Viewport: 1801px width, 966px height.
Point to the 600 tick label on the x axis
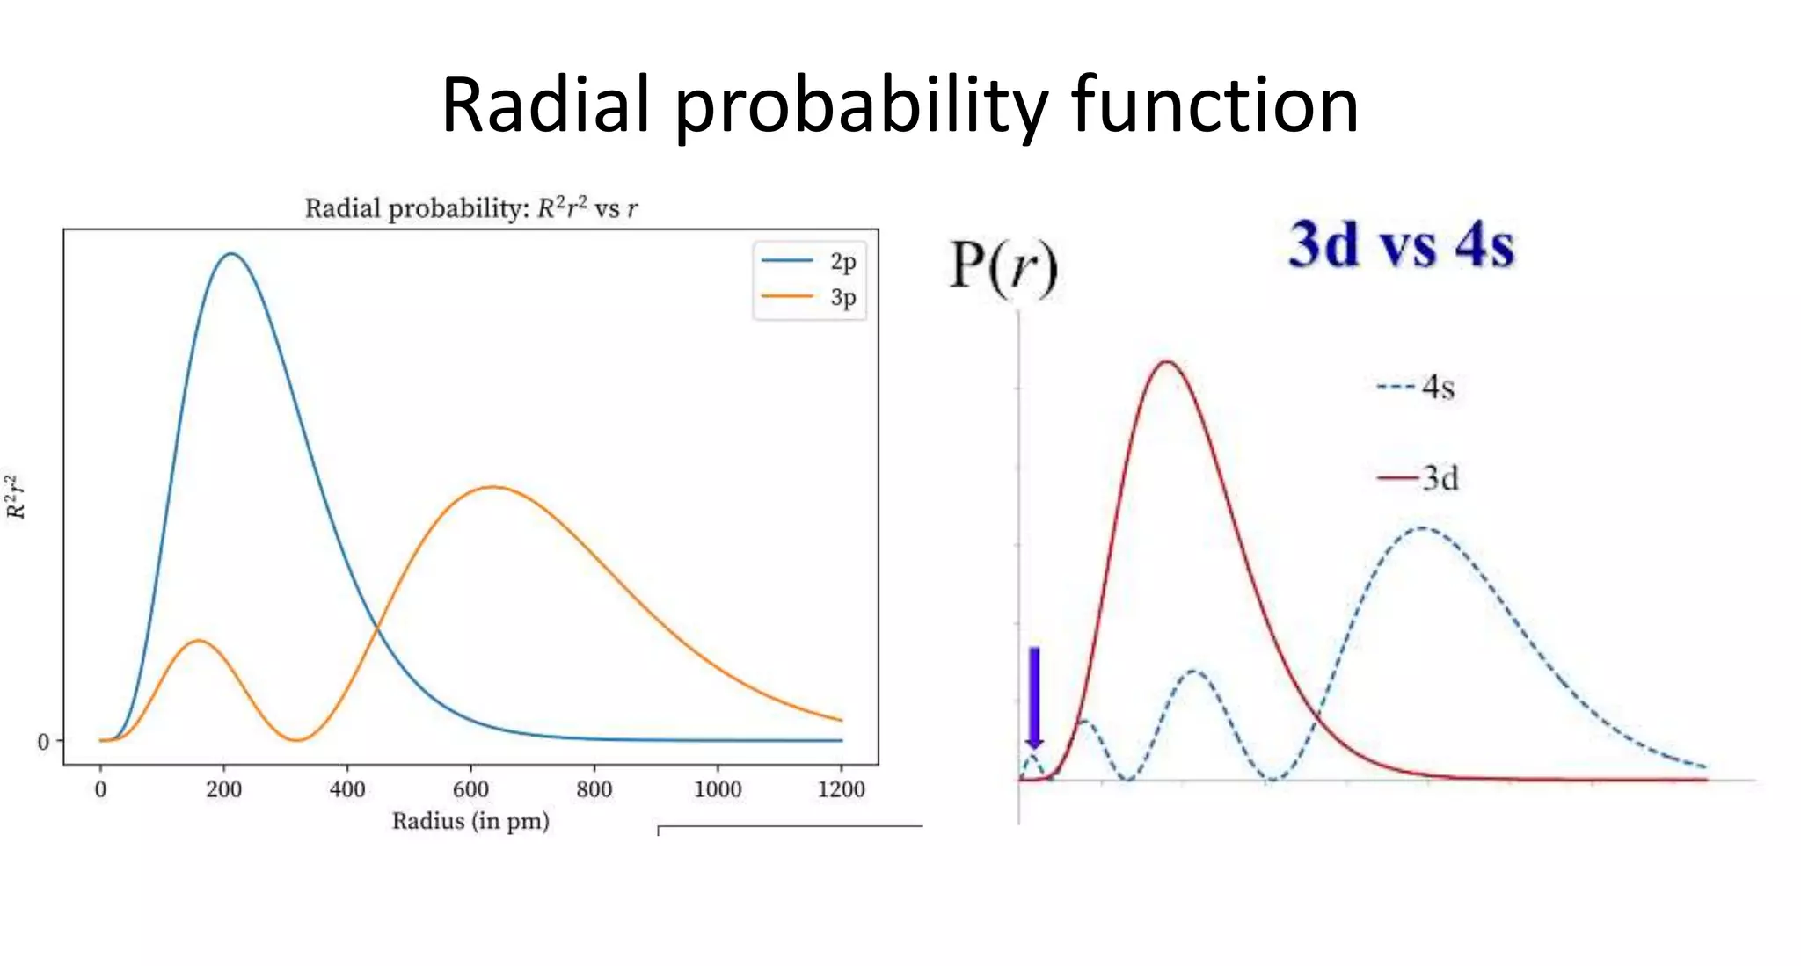(x=470, y=788)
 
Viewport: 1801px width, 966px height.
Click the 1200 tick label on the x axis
(x=841, y=788)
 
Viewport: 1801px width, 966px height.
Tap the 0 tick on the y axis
(x=44, y=742)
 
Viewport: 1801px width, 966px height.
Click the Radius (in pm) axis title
(x=470, y=821)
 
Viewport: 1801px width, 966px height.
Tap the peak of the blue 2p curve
(x=231, y=254)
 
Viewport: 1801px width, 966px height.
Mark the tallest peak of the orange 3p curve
(x=494, y=487)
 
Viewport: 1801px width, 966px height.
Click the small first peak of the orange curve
(x=200, y=641)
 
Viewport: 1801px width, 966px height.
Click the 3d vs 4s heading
(x=1401, y=243)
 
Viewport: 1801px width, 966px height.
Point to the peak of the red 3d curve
(x=1167, y=361)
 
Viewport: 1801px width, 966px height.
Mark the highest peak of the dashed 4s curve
(x=1423, y=528)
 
